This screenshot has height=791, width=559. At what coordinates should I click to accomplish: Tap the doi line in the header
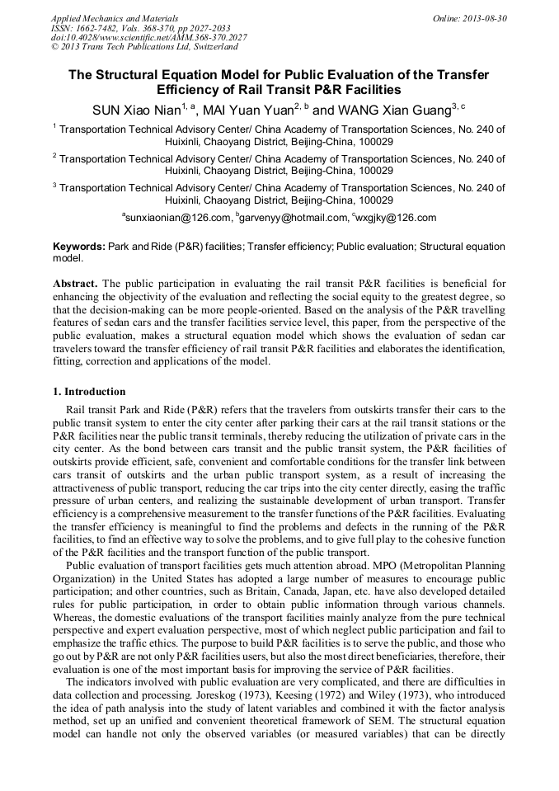(148, 37)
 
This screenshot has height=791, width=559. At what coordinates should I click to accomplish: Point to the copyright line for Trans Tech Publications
(144, 47)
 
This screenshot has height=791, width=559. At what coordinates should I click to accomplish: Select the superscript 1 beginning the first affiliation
(54, 127)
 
